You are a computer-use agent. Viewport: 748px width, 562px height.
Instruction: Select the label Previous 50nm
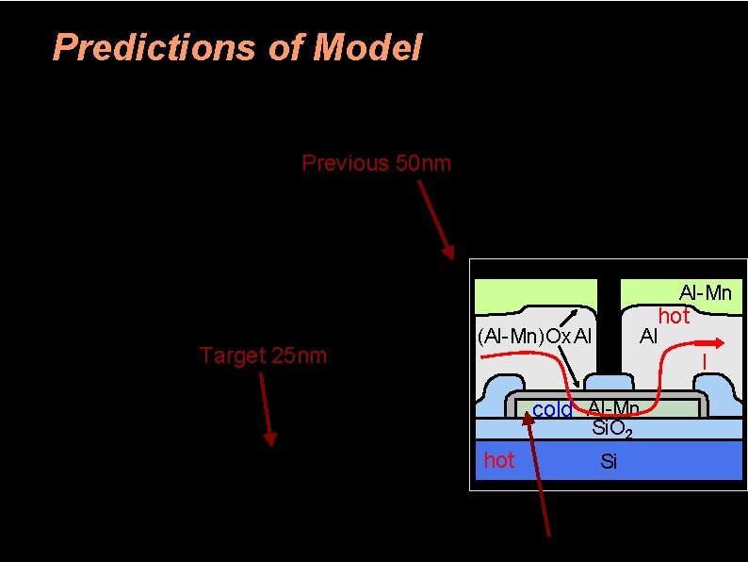tap(376, 163)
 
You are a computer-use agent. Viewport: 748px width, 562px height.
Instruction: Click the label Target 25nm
tap(263, 355)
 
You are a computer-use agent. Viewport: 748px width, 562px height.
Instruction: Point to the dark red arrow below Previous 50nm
tap(436, 220)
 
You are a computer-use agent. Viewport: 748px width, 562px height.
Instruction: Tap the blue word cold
tap(552, 410)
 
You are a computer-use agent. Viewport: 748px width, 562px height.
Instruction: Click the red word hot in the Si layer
tap(499, 460)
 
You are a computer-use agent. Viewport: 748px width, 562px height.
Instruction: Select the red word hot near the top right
tap(674, 316)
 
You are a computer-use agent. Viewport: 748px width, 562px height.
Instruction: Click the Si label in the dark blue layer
tap(609, 461)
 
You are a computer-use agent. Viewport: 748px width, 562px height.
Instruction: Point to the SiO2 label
tap(610, 429)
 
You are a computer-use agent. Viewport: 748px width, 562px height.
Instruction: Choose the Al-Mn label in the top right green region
tap(706, 293)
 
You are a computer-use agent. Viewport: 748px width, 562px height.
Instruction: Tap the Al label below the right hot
tap(649, 335)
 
